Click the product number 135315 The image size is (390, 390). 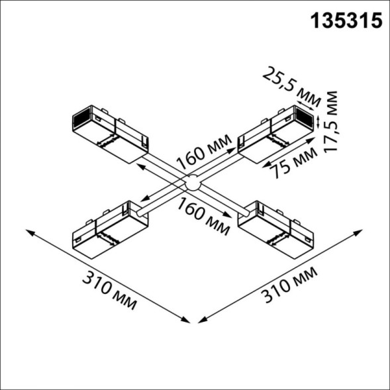click(x=347, y=21)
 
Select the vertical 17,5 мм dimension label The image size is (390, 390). click(x=332, y=122)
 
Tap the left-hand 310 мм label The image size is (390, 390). click(x=110, y=290)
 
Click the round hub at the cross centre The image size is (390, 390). click(x=192, y=183)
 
